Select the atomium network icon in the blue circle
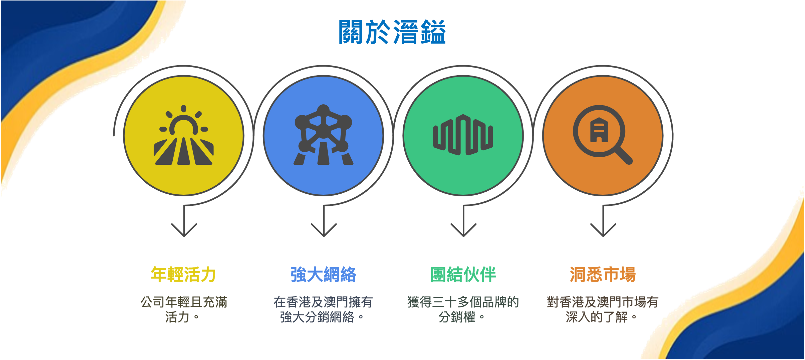click(x=324, y=135)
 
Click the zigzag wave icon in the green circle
click(x=463, y=135)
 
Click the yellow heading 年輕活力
click(x=183, y=274)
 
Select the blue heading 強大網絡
click(x=324, y=274)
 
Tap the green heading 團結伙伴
click(x=463, y=274)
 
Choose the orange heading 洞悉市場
click(x=603, y=274)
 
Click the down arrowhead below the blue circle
click(x=324, y=231)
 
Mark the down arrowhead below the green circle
click(x=463, y=231)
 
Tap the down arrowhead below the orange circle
click(x=603, y=231)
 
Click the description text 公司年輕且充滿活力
click(x=183, y=309)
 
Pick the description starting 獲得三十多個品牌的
click(x=463, y=309)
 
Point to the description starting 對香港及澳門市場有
click(x=603, y=309)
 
